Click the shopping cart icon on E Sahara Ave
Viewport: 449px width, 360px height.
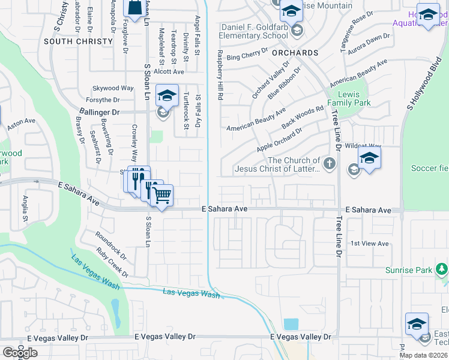point(161,194)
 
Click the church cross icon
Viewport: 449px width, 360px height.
point(329,164)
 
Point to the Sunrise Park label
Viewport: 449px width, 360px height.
point(409,271)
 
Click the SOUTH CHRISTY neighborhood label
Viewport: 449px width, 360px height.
point(78,41)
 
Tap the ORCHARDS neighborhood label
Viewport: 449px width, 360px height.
point(294,53)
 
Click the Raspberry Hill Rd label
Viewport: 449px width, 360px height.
point(220,75)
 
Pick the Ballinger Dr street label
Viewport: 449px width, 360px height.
point(100,112)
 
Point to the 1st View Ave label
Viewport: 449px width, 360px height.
point(370,244)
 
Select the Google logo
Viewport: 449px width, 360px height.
point(20,353)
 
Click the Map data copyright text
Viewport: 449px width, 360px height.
point(423,355)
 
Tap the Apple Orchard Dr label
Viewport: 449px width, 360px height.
point(279,140)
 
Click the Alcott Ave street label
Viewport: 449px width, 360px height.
point(169,71)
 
